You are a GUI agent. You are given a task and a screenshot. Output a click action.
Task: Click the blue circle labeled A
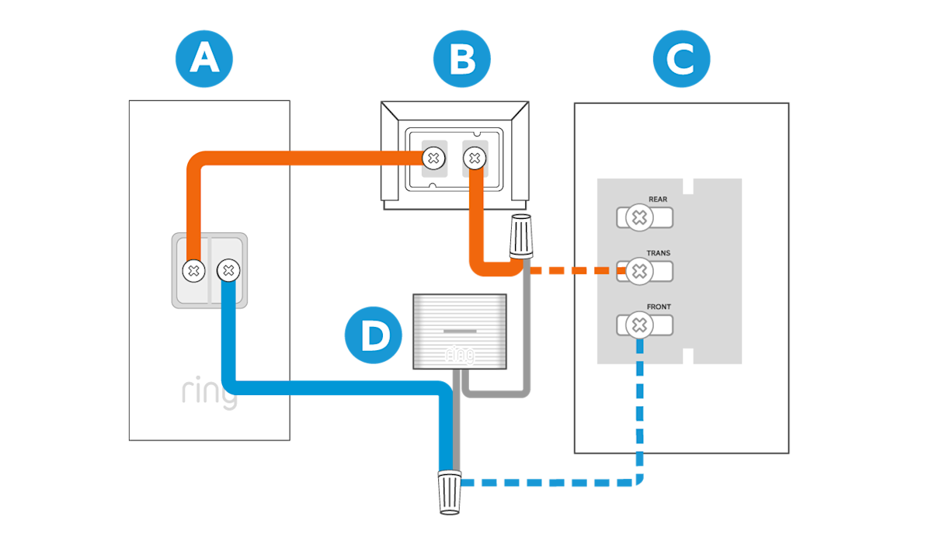click(203, 59)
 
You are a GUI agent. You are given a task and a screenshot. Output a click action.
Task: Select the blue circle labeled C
click(681, 59)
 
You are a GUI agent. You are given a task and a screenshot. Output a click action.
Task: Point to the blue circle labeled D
click(374, 335)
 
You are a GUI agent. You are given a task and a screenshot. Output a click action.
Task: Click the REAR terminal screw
click(639, 218)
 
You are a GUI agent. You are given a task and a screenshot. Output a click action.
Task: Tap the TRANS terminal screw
click(639, 271)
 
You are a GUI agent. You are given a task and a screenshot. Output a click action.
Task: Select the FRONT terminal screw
click(639, 325)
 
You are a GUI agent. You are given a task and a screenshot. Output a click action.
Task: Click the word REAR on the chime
click(657, 200)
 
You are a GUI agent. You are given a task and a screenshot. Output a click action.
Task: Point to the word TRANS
click(658, 253)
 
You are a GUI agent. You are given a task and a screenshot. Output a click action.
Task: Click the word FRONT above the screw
click(658, 307)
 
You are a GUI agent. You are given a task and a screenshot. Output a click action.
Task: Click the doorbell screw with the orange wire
click(193, 270)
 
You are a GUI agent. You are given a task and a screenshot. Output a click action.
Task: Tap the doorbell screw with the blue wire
click(228, 270)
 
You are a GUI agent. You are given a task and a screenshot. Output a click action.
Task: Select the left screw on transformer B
click(434, 158)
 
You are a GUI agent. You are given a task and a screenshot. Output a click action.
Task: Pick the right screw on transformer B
click(474, 158)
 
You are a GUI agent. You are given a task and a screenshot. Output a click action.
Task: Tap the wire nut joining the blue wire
click(449, 491)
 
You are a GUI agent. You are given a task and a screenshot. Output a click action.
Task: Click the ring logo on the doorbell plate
click(209, 394)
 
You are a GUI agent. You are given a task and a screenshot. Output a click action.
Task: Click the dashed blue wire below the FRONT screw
click(640, 404)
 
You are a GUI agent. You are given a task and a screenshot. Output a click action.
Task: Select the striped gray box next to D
click(459, 330)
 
